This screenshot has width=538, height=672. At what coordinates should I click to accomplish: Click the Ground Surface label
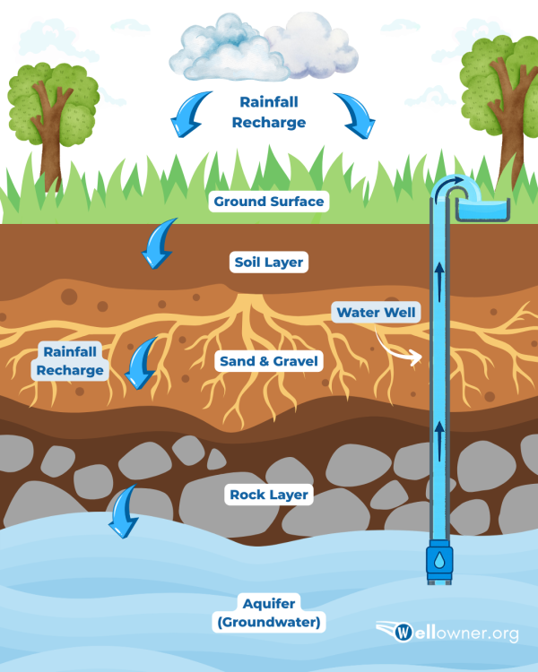268,202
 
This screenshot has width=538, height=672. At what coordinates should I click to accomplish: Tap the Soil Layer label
269,263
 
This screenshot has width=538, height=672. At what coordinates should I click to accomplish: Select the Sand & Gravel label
269,362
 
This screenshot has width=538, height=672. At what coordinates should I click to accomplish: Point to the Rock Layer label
269,495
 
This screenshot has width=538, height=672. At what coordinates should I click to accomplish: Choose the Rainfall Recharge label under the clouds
269,113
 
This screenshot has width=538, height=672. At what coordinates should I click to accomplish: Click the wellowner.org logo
447,633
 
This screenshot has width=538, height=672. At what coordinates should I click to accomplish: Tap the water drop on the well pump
439,560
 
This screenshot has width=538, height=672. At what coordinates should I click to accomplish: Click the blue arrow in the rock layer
123,510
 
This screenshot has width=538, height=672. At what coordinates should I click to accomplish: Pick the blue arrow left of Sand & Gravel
142,363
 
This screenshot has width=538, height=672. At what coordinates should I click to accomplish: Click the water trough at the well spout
482,210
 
